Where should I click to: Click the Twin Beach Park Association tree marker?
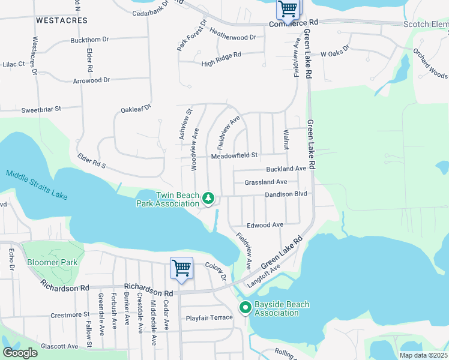[208, 198]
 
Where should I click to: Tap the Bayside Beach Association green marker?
[246, 308]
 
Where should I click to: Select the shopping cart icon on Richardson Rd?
[181, 268]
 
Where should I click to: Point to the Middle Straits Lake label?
[37, 185]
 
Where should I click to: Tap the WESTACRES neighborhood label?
[59, 20]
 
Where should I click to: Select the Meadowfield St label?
[234, 155]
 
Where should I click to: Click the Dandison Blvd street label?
[286, 195]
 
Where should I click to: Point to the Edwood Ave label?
[269, 225]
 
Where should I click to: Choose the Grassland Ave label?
[266, 182]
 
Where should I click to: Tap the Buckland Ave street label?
[286, 169]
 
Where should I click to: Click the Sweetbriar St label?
[41, 110]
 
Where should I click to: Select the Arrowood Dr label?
[91, 80]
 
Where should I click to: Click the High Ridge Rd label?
[221, 55]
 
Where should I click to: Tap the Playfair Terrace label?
[209, 317]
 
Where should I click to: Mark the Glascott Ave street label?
[59, 346]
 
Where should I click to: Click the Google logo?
[20, 353]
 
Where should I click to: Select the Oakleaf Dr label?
[136, 109]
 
